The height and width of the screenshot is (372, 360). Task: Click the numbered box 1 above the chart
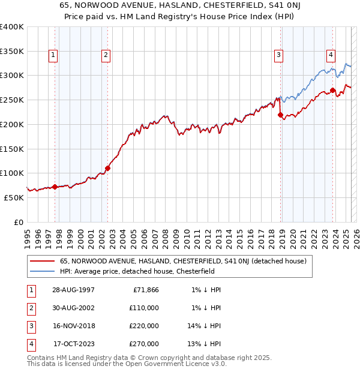53,55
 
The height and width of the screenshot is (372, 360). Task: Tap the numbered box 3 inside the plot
279,55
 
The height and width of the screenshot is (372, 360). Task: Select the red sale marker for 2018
280,115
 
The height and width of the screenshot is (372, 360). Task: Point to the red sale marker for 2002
108,169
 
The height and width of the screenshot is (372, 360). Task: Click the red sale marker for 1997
55,187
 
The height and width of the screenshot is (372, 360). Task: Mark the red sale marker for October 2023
332,91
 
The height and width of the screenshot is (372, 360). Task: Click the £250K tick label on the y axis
12,100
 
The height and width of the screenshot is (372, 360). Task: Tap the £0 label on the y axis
19,222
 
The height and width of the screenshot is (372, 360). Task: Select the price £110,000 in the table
145,308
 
